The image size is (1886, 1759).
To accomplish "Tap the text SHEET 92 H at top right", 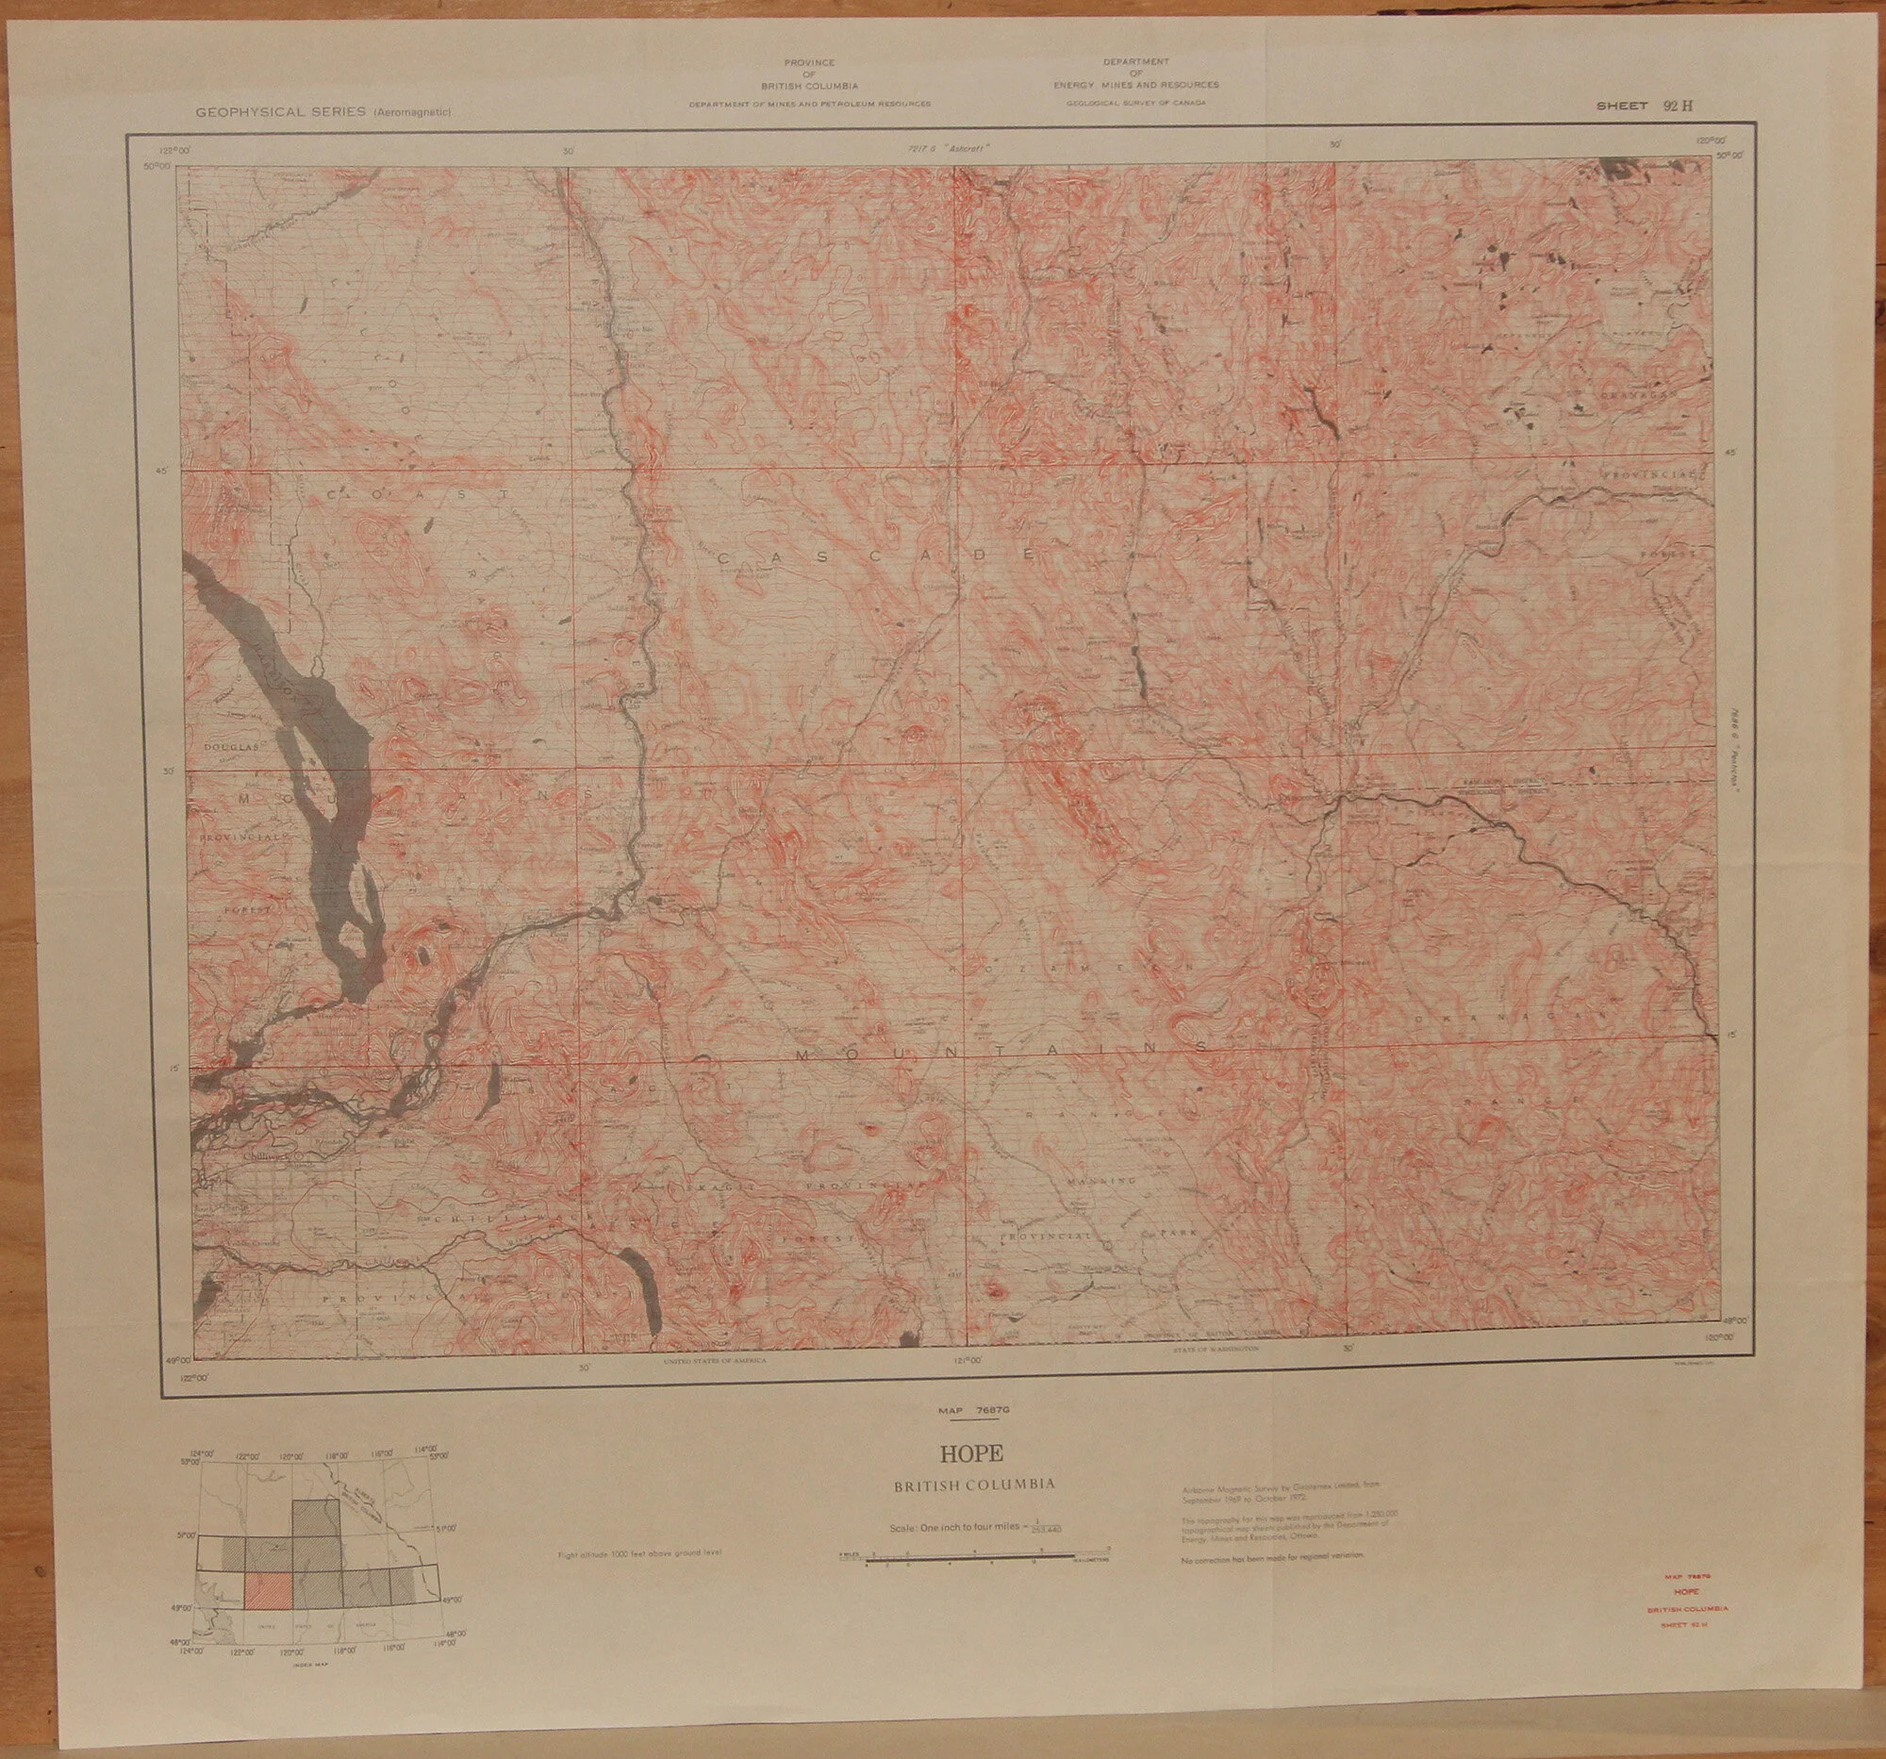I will click(1643, 107).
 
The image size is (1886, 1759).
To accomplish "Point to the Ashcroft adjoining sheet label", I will click(949, 148).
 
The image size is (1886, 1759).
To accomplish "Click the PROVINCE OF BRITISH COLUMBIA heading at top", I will click(809, 73).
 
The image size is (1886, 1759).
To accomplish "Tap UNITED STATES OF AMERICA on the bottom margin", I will click(715, 1360).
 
